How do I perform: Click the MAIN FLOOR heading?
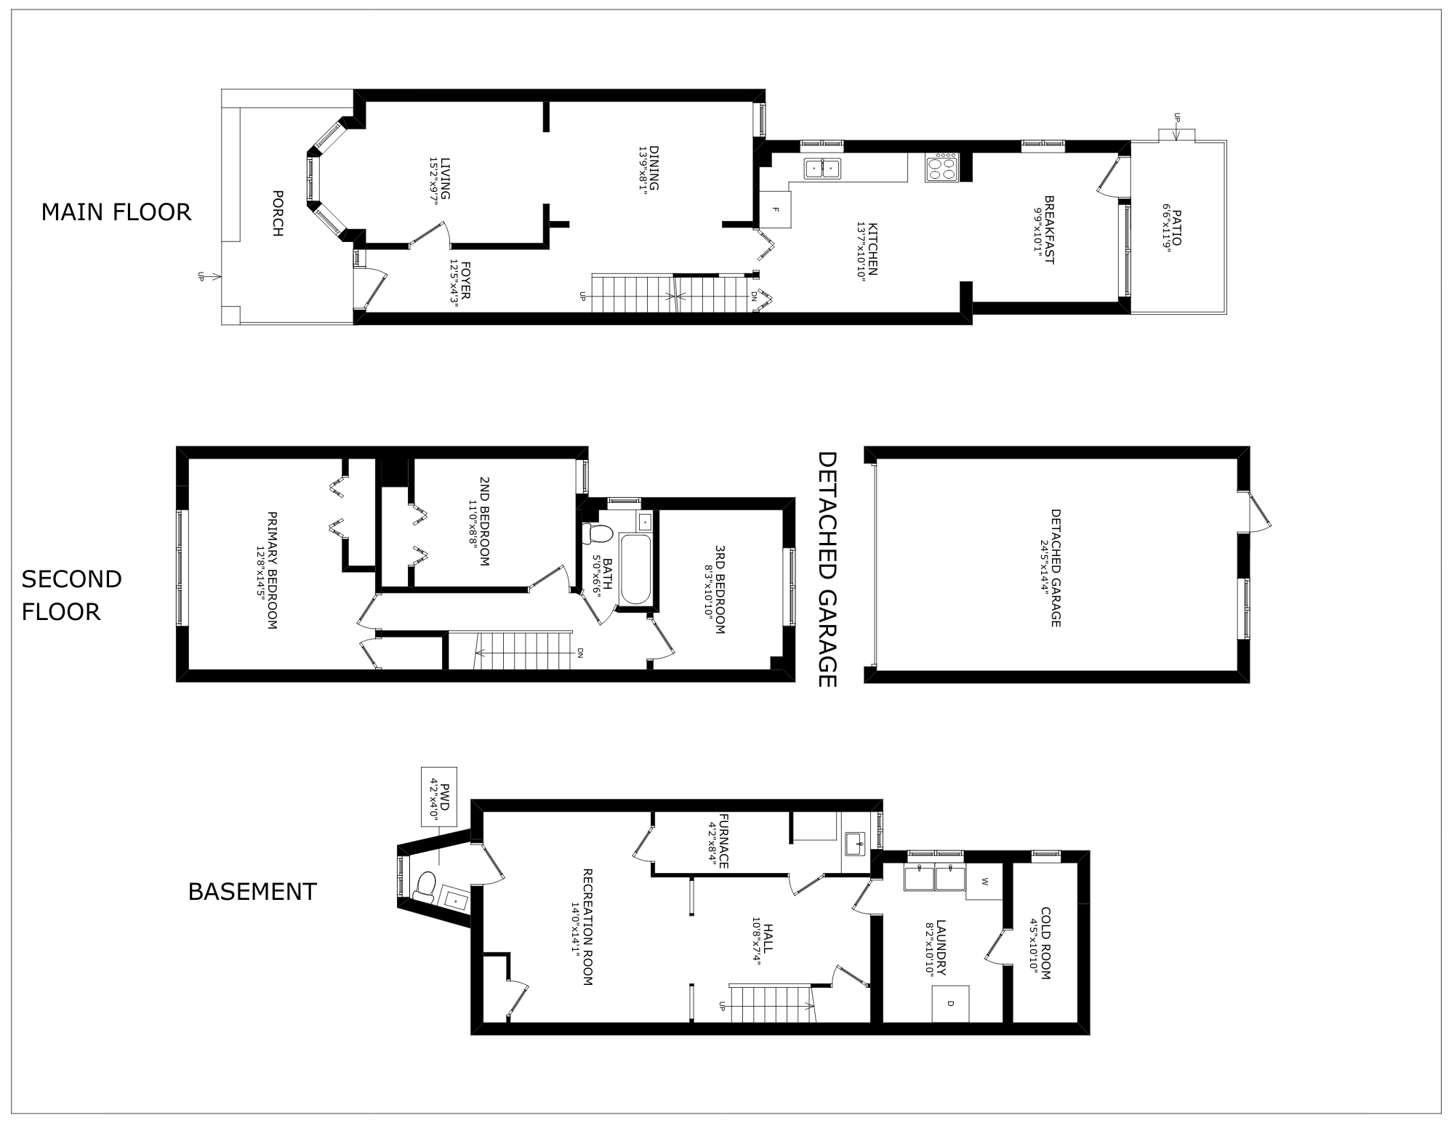tap(116, 212)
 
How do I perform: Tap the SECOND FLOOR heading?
tap(71, 595)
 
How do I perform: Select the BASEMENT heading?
tap(252, 891)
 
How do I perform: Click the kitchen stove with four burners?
tap(942, 168)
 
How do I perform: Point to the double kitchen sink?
tap(822, 169)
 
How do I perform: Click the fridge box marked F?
tap(775, 209)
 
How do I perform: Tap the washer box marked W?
tap(984, 882)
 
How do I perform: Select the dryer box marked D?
tap(950, 1004)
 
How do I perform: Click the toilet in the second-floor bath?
tap(598, 534)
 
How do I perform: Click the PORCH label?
tap(277, 213)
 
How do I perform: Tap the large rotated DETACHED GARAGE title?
tap(827, 569)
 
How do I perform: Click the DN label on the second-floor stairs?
tap(580, 653)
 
